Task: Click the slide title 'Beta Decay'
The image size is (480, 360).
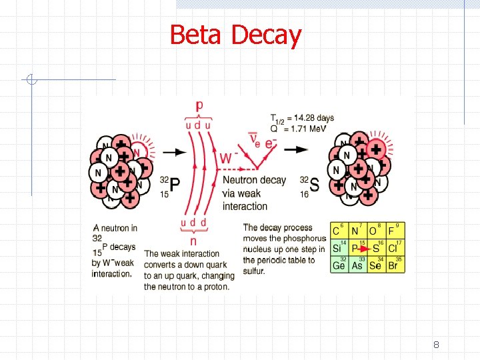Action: pos(235,35)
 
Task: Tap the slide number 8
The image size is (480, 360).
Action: pos(436,345)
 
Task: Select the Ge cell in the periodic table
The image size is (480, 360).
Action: pos(339,265)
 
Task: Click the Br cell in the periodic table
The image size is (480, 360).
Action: pos(394,265)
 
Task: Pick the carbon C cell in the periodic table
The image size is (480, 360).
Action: pos(338,231)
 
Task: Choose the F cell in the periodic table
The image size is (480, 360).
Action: pos(394,231)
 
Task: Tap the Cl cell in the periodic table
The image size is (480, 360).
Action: pos(394,248)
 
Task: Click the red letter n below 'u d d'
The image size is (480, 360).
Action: pos(194,240)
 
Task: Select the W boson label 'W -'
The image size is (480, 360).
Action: pos(228,158)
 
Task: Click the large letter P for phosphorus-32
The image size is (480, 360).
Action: pos(175,186)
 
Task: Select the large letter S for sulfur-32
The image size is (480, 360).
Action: pos(314,185)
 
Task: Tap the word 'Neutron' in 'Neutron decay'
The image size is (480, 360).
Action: pos(239,180)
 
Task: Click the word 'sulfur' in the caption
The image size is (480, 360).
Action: pos(254,271)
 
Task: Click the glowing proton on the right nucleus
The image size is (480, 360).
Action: pos(377,149)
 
